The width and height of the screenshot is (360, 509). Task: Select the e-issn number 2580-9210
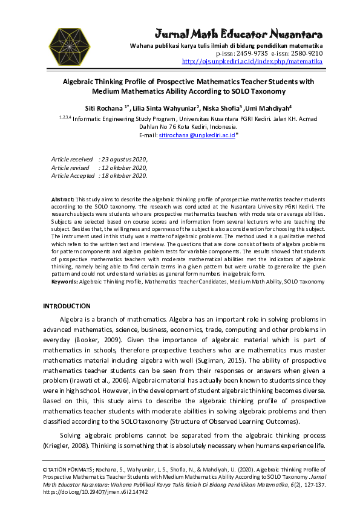306,53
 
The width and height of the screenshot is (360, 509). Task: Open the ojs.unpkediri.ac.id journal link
252,61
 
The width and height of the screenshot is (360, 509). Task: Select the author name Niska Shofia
232,107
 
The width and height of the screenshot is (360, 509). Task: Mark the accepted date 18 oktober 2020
123,176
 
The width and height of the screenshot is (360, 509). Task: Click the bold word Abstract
62,199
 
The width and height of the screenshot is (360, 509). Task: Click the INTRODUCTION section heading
67,306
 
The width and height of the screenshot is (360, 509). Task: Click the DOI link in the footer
95,493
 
